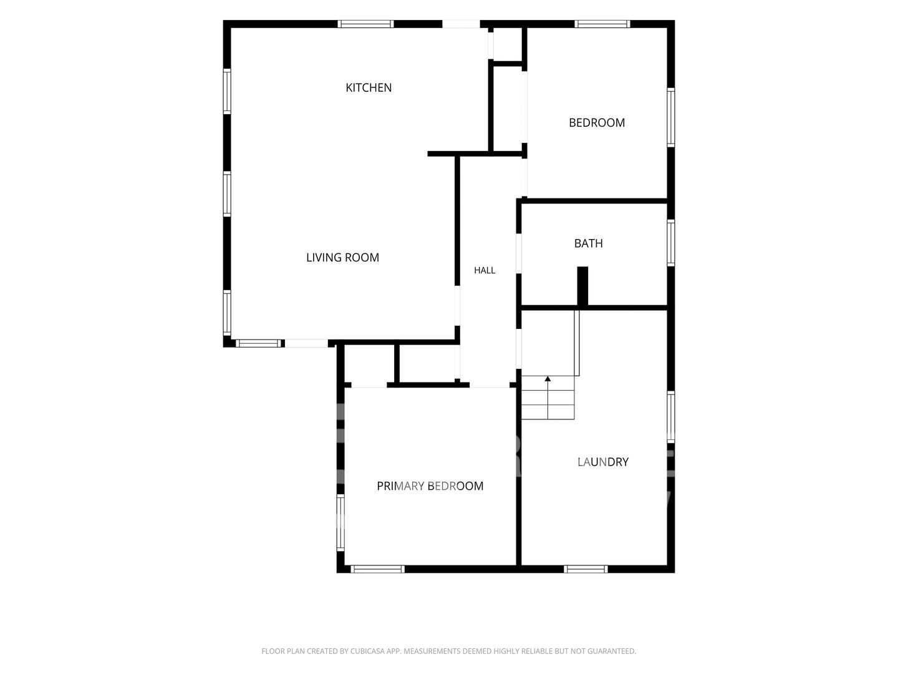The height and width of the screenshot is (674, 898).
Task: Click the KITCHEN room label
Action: pos(368,87)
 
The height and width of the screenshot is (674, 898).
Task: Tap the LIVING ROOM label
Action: pos(342,257)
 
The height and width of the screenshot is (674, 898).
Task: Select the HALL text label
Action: pos(485,270)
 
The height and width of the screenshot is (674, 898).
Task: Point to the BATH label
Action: pos(588,243)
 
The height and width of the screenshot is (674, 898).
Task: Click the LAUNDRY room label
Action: pos(602,462)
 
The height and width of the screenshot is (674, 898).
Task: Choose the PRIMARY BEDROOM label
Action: pos(430,486)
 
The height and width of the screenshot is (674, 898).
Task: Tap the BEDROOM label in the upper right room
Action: pos(597,123)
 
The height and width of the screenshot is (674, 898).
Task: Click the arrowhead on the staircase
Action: pos(548,379)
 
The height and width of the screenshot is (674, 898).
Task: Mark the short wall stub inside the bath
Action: pos(582,286)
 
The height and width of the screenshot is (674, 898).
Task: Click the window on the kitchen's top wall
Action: pos(365,24)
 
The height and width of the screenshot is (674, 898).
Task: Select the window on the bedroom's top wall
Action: pos(602,24)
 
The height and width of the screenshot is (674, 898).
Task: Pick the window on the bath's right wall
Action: pos(670,243)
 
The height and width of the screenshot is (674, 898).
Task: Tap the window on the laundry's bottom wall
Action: pos(586,569)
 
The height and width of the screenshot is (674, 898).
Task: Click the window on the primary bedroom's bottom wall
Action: pos(378,569)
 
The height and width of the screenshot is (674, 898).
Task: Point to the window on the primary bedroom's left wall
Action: pos(340,522)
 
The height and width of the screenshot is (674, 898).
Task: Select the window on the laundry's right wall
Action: pos(670,417)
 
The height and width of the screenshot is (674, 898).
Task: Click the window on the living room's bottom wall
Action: pos(259,343)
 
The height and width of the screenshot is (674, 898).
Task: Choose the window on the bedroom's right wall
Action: pos(670,117)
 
